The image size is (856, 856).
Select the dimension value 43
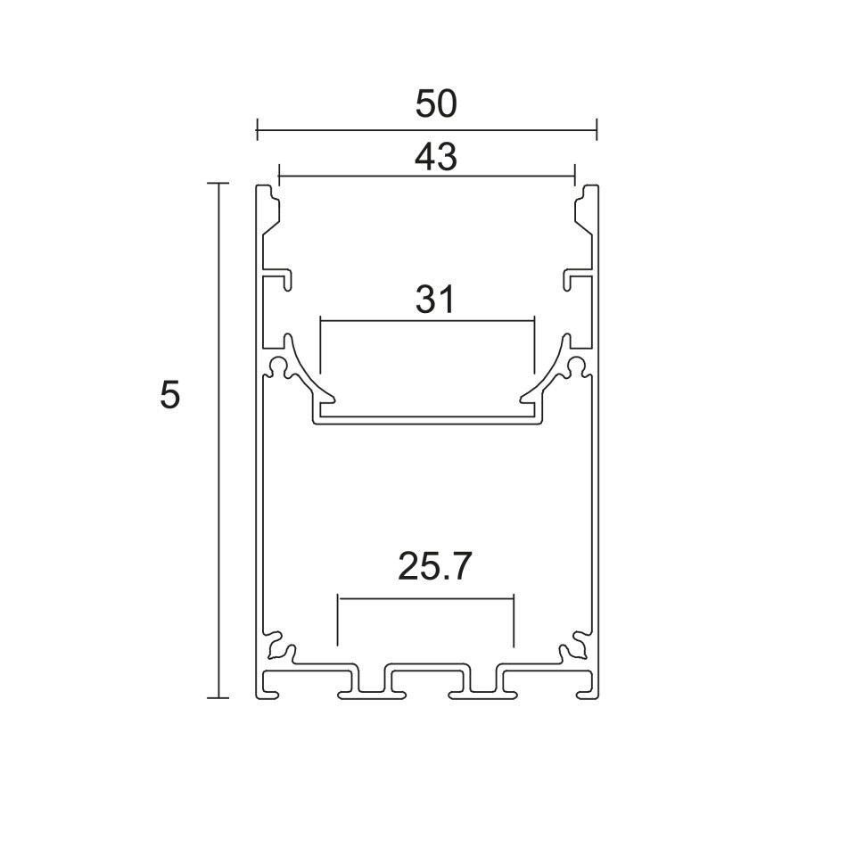click(436, 157)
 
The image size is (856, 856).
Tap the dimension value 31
click(434, 300)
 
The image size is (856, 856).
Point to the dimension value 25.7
click(434, 566)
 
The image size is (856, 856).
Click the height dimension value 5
click(169, 395)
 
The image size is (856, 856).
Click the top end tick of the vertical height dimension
click(218, 184)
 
